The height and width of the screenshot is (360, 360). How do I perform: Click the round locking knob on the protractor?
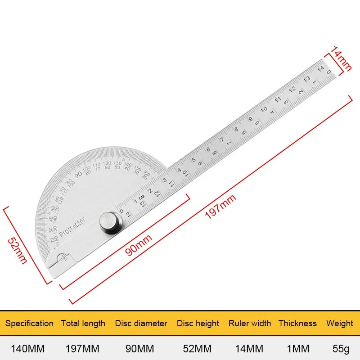point(110,223)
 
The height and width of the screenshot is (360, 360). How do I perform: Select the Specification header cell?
point(29,323)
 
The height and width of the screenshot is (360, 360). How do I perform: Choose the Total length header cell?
point(83,323)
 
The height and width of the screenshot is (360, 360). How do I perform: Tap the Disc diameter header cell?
point(141,323)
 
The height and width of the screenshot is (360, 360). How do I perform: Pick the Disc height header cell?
point(198,323)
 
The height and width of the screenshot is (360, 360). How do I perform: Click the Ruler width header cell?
point(250,323)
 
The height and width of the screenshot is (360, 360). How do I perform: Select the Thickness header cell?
point(297,323)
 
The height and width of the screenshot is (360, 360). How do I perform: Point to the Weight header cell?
point(340,323)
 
